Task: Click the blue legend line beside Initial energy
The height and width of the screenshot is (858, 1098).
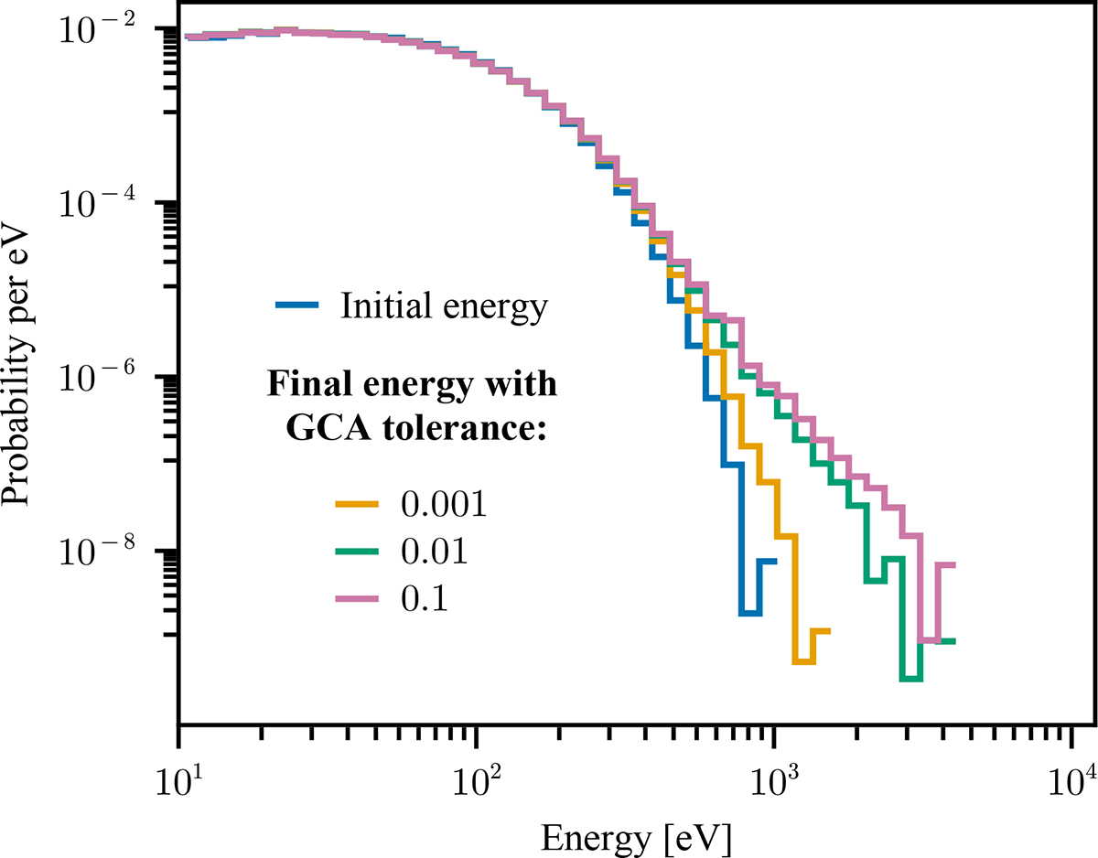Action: point(296,306)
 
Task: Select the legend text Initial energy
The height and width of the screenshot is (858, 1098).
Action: point(444,306)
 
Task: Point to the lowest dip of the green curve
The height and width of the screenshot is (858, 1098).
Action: point(910,679)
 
